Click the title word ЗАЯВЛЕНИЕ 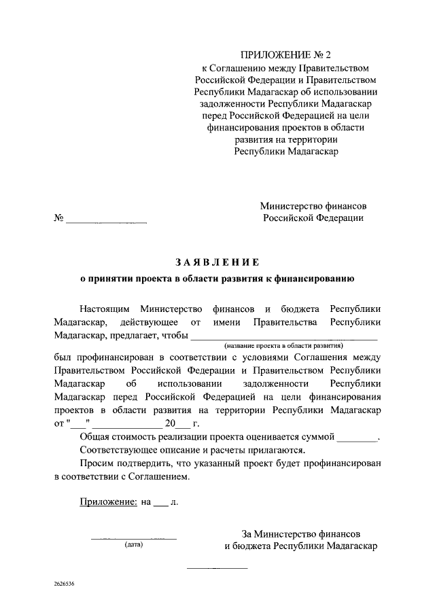(217, 262)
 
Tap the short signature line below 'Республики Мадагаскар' (217, 567)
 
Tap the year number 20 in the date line (169, 424)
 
